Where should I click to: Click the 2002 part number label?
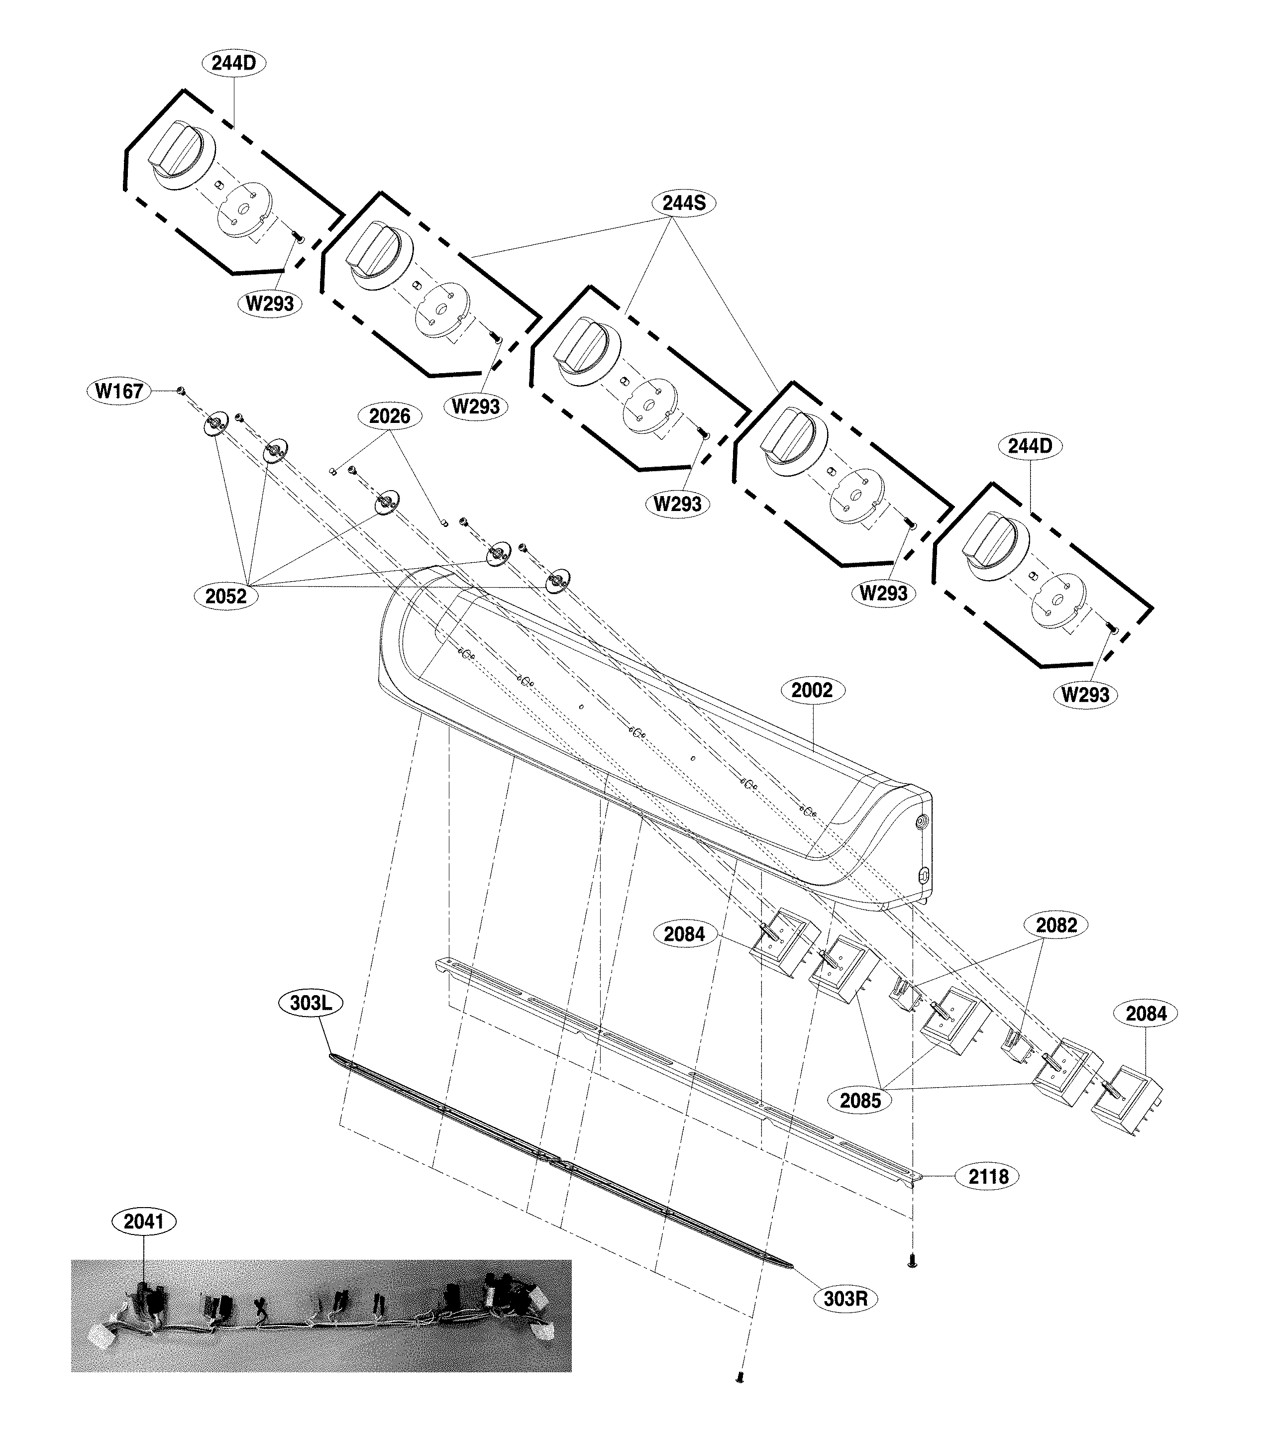(812, 690)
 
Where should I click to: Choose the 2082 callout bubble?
(1056, 925)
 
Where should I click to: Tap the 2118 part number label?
(988, 1177)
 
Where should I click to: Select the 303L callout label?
(311, 1003)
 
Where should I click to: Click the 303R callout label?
(845, 1299)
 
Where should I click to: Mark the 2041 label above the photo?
(144, 1222)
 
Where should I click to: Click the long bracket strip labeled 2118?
(673, 1066)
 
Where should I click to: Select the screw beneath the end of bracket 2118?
(913, 1263)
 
